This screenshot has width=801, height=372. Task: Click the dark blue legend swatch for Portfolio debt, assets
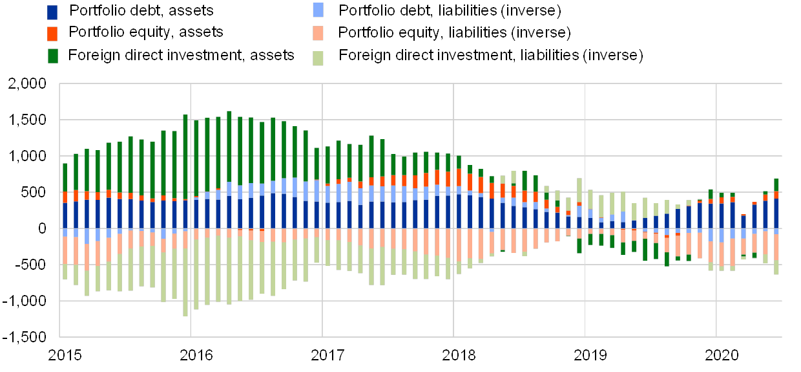tap(53, 12)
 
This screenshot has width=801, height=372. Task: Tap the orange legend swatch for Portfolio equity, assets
tap(53, 33)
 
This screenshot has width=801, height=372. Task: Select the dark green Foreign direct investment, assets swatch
tap(53, 56)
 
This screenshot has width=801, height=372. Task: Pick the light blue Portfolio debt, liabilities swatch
tap(318, 10)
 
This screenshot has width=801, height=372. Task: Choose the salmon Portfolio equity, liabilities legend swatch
tap(318, 33)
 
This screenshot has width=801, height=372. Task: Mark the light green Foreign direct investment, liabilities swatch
tap(318, 57)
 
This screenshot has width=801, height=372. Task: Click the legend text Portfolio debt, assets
tap(142, 10)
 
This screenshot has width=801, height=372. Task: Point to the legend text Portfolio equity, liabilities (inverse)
tap(456, 32)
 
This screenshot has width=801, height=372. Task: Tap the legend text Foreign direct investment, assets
tap(183, 56)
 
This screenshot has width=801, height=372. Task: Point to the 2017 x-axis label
tap(328, 355)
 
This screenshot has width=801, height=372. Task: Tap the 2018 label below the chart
tap(459, 355)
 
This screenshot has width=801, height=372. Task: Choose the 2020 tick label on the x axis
tap(722, 355)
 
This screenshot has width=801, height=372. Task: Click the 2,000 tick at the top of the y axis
tap(28, 83)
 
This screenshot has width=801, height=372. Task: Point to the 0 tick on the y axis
tap(42, 228)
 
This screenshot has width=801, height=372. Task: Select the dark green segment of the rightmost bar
tap(776, 185)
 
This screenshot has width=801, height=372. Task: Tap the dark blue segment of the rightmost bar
tap(776, 213)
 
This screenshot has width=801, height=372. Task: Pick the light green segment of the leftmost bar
tap(65, 272)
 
